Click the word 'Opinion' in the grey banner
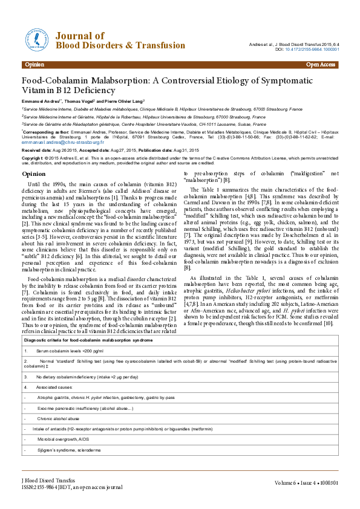[35, 64]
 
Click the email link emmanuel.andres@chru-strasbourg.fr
[60, 143]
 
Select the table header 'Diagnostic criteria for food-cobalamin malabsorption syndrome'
[88, 341]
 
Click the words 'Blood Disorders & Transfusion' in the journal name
[120, 46]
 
